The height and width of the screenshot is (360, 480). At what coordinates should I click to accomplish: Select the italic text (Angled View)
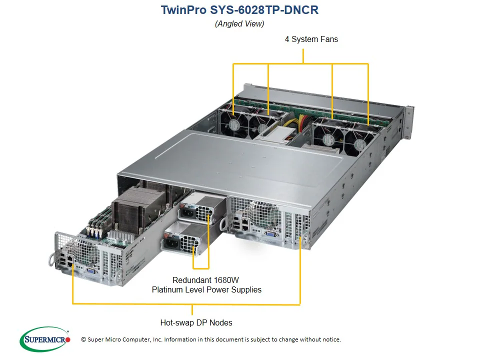click(239, 23)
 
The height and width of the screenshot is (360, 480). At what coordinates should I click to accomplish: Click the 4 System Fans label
click(311, 39)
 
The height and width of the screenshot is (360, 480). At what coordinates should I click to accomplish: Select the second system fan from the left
click(263, 128)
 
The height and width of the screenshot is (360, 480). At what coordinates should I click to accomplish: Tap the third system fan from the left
click(328, 140)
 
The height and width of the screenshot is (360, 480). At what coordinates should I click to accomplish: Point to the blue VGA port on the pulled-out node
click(91, 270)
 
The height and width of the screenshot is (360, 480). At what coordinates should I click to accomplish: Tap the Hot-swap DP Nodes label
click(196, 322)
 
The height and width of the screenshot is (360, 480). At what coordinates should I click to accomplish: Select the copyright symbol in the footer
click(83, 339)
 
